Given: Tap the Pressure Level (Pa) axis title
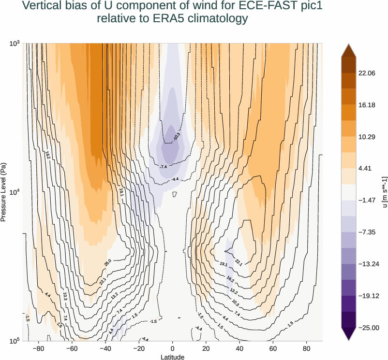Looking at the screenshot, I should coord(4,192).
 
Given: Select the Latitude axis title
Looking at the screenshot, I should coord(173,357).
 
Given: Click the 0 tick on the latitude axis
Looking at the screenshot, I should coord(173,348).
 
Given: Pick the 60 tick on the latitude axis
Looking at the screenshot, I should coord(273,348).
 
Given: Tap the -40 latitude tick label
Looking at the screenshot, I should coord(105,348).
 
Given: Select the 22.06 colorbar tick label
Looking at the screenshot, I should coord(366,73).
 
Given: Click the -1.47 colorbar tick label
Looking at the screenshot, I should coord(366,200).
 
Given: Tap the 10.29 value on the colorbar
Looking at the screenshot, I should coord(366,137).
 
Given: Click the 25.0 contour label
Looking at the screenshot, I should coord(107,262).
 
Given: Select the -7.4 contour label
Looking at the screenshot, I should coord(163,167).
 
